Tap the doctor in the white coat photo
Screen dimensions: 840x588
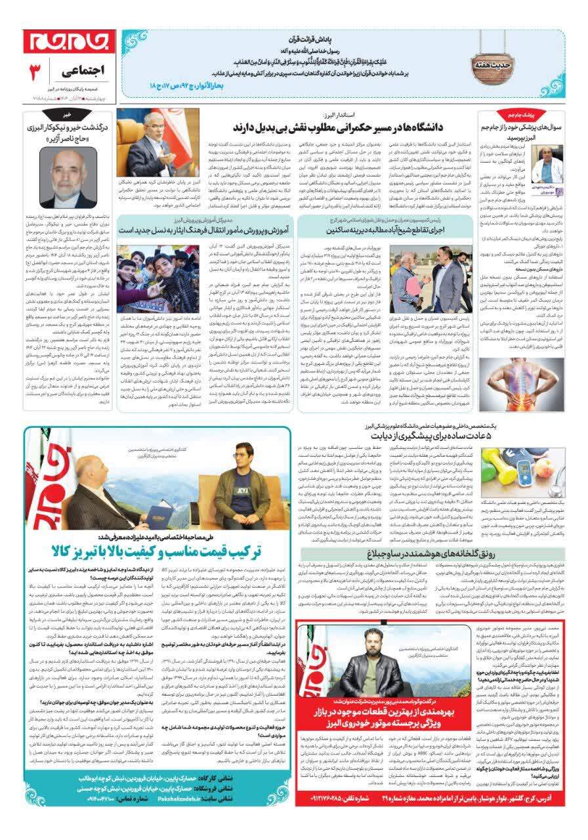[x=544, y=164]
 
